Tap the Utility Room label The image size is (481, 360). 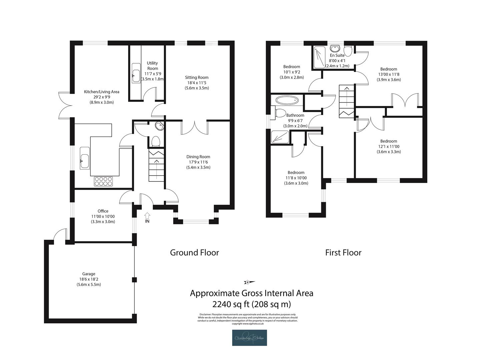coord(152,66)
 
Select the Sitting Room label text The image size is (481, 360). coord(197,78)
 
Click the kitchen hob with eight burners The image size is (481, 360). coord(103,181)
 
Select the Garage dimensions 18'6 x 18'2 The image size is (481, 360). coord(89,279)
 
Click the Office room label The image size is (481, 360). coord(103,211)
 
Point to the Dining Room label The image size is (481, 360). coord(198,157)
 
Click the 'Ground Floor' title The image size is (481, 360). coord(194,253)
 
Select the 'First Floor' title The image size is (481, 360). coord(343,253)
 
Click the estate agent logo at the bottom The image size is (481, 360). coord(250,338)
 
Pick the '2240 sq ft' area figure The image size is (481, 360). coord(230,304)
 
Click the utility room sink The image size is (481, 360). coord(135,76)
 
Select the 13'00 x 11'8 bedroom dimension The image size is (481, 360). coord(389,75)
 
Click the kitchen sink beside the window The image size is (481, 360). coord(85,158)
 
